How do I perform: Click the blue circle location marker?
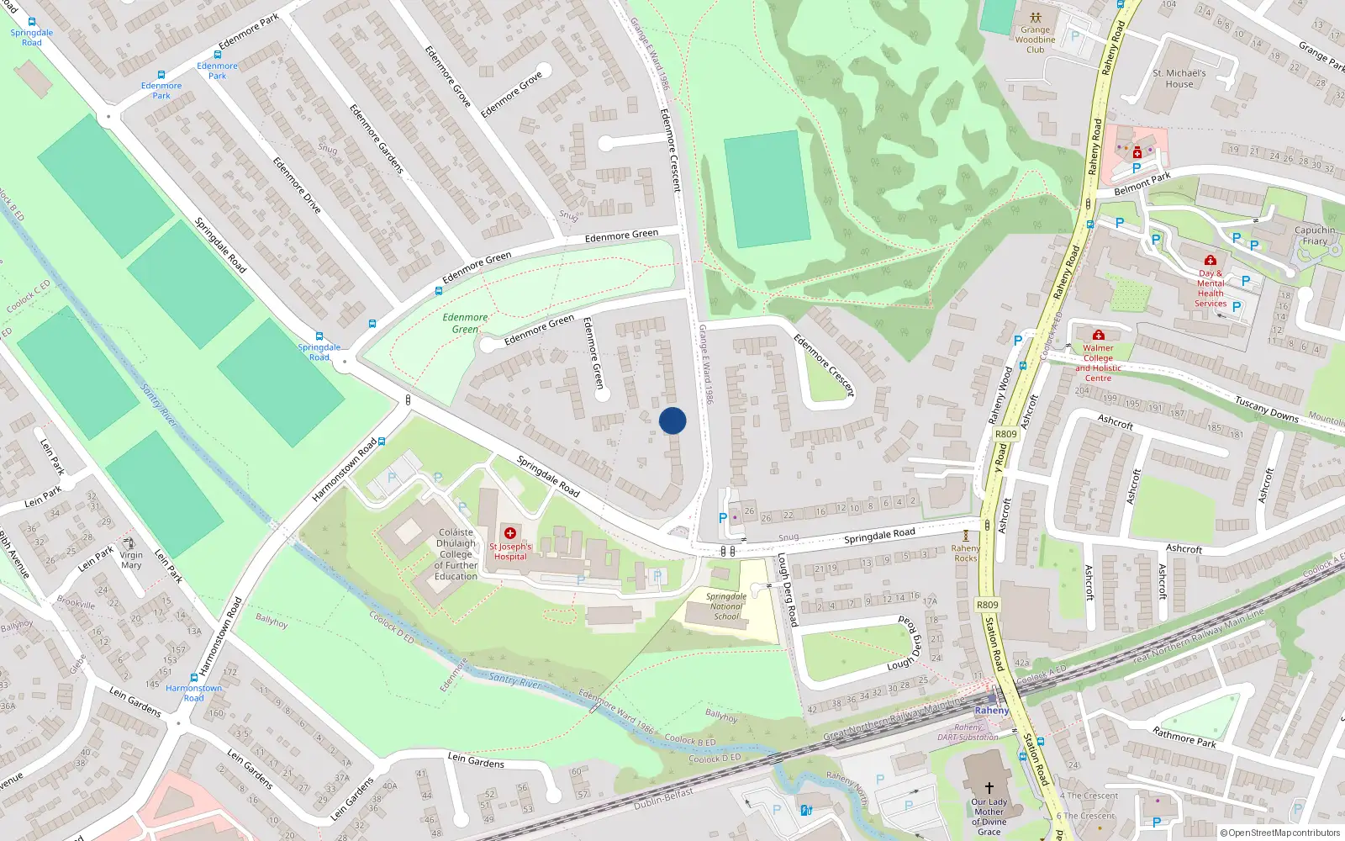click(672, 420)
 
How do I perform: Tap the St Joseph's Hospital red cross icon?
click(510, 533)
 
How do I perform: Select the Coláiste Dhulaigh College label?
click(456, 554)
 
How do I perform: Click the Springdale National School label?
click(726, 606)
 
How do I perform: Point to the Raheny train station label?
click(992, 711)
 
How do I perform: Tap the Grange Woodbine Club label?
click(1035, 40)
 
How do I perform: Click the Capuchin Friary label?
click(1315, 235)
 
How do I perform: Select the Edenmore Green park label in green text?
click(465, 324)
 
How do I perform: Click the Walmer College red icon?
click(1098, 335)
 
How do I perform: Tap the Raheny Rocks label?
click(966, 553)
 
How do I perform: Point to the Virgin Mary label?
click(131, 560)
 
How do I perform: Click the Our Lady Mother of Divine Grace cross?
click(989, 788)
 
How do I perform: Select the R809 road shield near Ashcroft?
click(1005, 434)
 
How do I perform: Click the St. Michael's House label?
click(1179, 78)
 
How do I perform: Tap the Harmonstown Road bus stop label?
click(193, 693)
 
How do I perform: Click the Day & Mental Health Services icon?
click(1210, 261)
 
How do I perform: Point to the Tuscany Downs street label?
click(1266, 409)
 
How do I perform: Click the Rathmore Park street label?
click(1184, 737)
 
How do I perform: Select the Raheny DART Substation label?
click(968, 733)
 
